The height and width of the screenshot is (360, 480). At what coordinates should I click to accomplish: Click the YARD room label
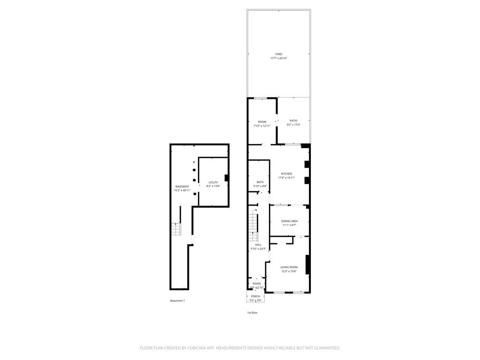tap(278, 54)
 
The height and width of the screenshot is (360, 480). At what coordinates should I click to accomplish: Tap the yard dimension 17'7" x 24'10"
tap(278, 58)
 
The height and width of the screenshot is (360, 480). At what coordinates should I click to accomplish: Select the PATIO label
tap(293, 120)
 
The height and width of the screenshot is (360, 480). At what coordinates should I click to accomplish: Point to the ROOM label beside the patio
tap(262, 122)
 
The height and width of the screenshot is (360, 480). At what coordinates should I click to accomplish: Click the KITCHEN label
tap(286, 173)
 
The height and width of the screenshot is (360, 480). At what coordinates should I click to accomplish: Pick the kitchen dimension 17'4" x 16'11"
tap(286, 178)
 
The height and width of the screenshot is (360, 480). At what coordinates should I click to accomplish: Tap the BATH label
tap(260, 182)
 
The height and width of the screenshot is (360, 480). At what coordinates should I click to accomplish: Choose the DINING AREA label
tap(289, 221)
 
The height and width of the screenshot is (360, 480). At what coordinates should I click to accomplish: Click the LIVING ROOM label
tap(289, 267)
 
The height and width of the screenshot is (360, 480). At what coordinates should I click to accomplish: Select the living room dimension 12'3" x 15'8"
tap(289, 271)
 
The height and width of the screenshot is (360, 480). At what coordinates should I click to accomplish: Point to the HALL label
tap(258, 245)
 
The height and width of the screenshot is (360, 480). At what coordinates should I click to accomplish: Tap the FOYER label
tap(256, 284)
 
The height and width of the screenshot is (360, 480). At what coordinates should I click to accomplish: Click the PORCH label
tap(255, 296)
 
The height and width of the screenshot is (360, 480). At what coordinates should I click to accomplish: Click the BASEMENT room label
tap(182, 186)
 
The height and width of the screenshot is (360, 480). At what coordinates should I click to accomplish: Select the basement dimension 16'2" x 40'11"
tap(182, 190)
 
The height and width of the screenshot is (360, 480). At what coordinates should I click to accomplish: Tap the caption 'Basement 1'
tap(177, 300)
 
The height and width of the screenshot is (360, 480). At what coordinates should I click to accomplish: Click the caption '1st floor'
tap(252, 312)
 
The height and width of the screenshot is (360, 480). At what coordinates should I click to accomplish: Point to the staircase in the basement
tap(176, 229)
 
